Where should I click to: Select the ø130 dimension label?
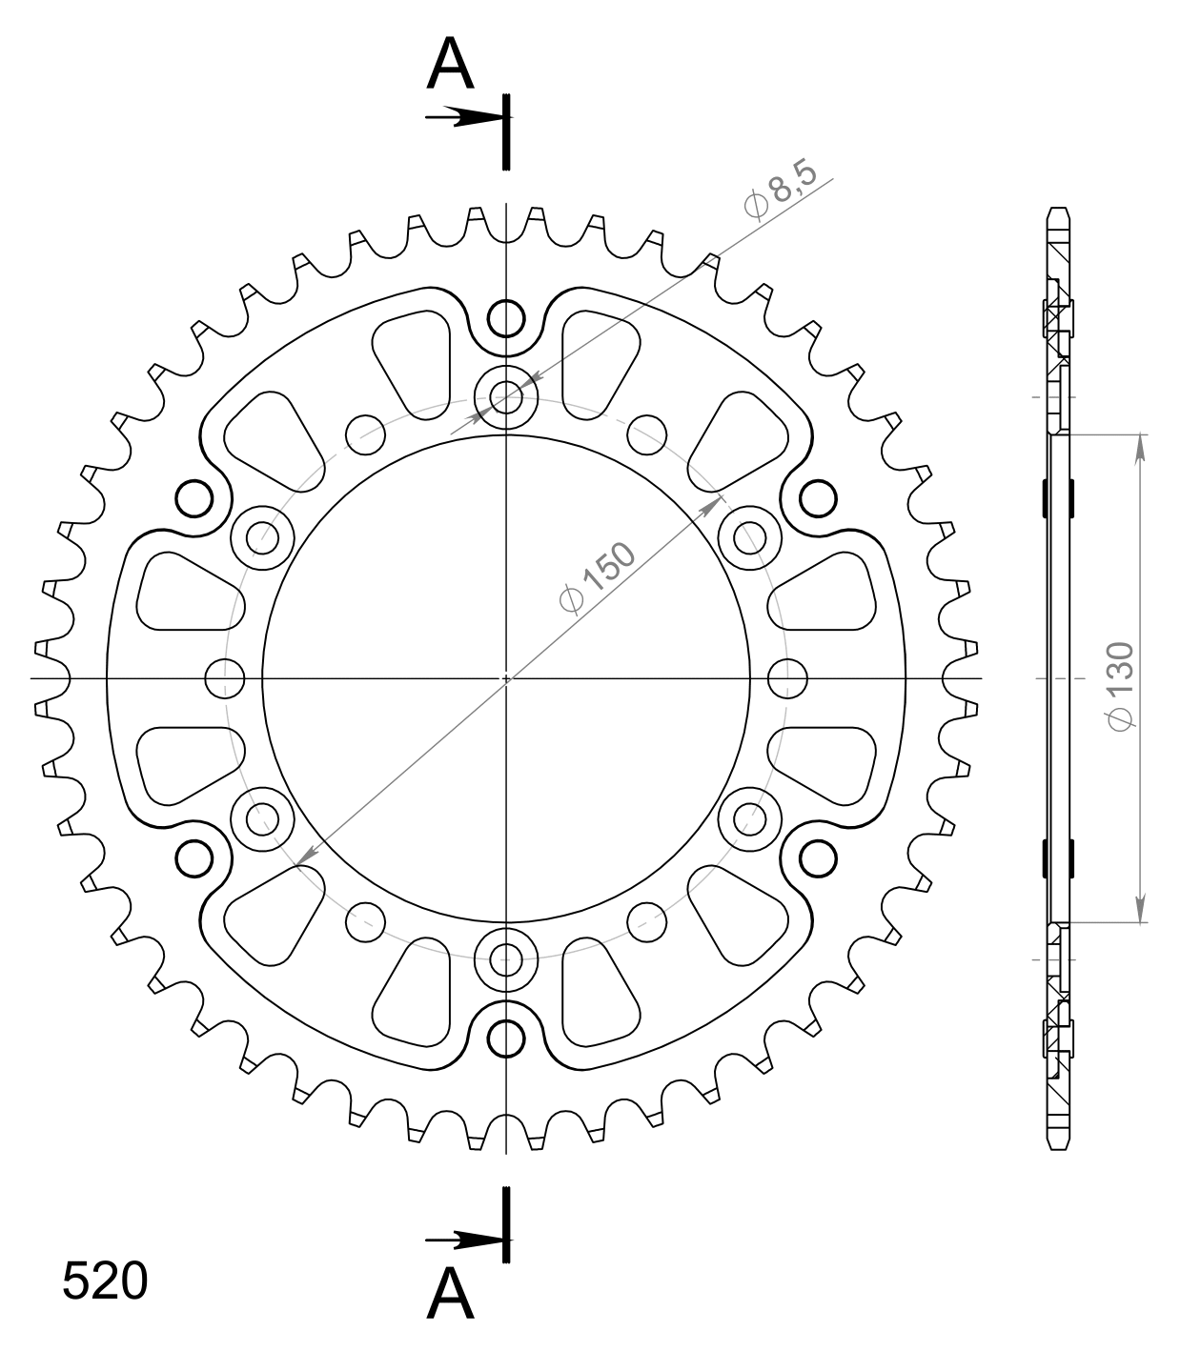(1120, 686)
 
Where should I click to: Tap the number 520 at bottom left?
(105, 1281)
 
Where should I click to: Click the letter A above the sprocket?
(450, 63)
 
